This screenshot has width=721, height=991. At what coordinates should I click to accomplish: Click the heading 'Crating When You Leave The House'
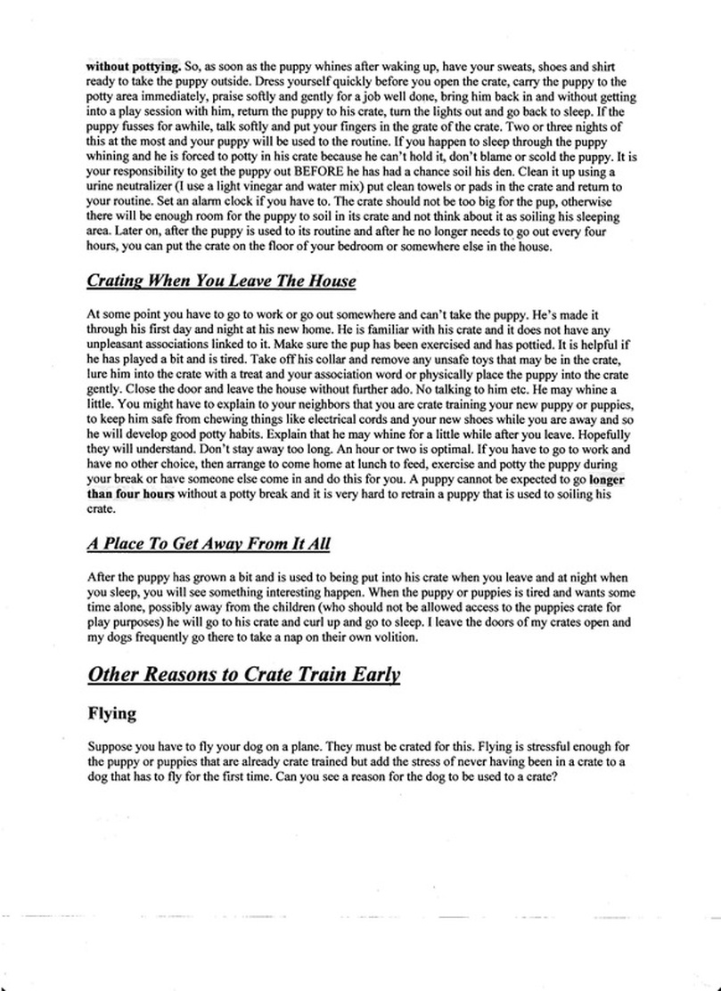point(221,281)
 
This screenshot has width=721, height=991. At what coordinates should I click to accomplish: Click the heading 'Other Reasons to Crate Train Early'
point(243,674)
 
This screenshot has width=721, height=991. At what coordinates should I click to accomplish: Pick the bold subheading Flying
point(111,714)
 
